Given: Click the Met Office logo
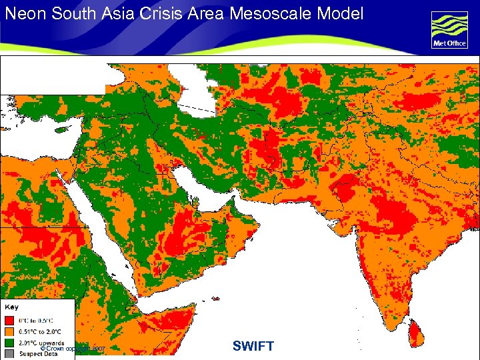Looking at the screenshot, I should (x=449, y=31).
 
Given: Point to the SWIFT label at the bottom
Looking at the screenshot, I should (x=253, y=346).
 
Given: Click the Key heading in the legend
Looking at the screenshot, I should (x=12, y=307).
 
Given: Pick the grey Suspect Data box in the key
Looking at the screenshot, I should (x=9, y=353).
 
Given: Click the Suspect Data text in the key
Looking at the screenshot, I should (x=39, y=353).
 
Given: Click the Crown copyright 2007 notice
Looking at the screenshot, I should (x=73, y=349).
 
